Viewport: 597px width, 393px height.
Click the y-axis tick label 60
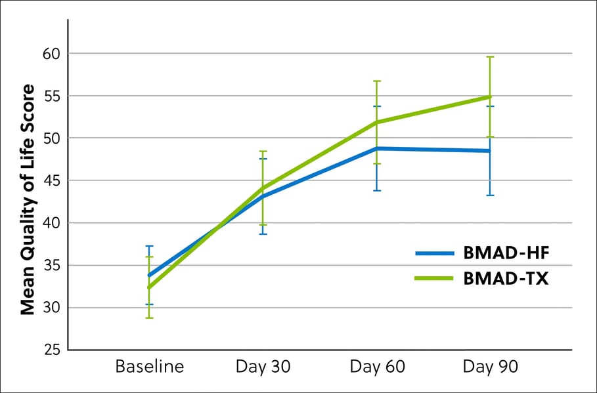[x=51, y=53]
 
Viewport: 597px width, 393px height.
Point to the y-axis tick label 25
[x=51, y=350]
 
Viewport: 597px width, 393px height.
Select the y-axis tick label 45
[x=51, y=180]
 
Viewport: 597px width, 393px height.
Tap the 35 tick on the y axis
[x=51, y=266]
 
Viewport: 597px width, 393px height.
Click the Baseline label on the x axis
[x=149, y=366]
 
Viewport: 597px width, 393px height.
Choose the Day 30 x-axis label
[x=263, y=366]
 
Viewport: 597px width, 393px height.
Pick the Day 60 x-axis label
[x=376, y=366]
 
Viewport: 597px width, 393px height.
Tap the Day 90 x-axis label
[x=490, y=366]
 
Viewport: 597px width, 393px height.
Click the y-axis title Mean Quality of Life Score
[x=27, y=199]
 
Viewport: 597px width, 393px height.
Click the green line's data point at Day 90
[x=490, y=96]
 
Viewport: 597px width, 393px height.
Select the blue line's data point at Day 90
[x=490, y=151]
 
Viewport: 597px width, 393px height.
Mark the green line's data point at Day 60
[x=377, y=122]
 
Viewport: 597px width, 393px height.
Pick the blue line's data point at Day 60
[x=377, y=148]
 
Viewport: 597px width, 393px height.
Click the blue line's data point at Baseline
[x=150, y=276]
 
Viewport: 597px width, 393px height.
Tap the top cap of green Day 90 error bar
[x=490, y=57]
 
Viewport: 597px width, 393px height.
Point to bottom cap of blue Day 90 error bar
[x=490, y=196]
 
